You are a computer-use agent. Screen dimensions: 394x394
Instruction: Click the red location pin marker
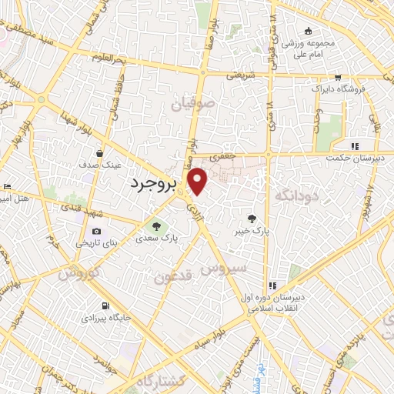coord(199,180)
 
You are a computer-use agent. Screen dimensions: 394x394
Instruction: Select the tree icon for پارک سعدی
coord(157,227)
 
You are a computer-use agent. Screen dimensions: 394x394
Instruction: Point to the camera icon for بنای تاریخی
coord(96,231)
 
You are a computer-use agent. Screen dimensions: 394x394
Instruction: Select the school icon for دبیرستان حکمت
coord(354,146)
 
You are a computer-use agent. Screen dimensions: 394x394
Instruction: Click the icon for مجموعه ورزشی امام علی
coord(309,31)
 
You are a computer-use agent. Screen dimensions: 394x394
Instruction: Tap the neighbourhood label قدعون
coord(171,275)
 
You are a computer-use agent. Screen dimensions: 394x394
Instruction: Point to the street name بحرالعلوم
coord(108,58)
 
